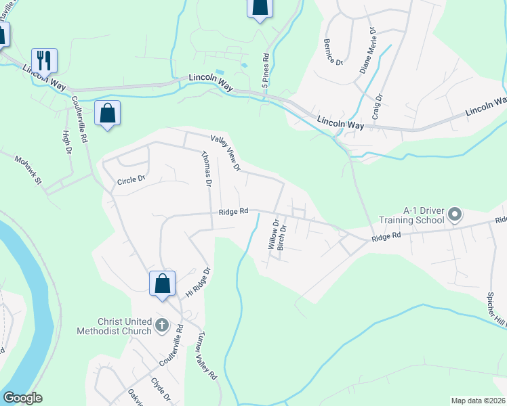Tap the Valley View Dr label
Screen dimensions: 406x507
click(x=226, y=152)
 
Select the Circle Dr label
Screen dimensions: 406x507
click(x=131, y=181)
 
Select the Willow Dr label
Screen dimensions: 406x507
click(x=274, y=235)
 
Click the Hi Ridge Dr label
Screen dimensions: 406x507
click(x=199, y=282)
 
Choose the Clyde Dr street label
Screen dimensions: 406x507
click(x=160, y=389)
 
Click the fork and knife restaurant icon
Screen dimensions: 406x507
click(x=44, y=60)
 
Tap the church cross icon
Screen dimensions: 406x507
click(x=161, y=325)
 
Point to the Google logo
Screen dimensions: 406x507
click(x=22, y=398)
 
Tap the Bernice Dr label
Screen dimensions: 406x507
click(x=334, y=51)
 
